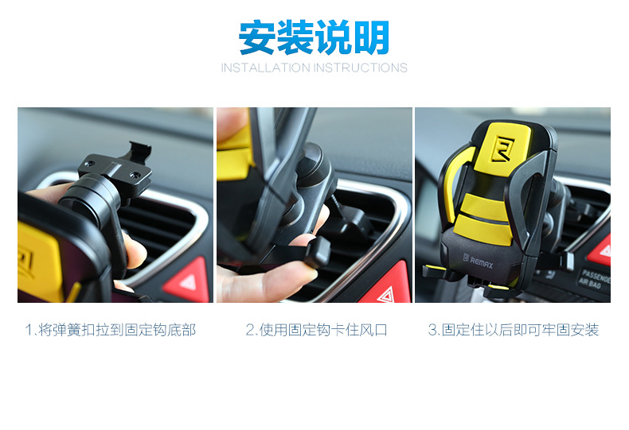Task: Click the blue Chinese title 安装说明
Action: click(x=314, y=37)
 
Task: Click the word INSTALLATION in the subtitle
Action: click(x=266, y=68)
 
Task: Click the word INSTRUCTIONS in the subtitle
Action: click(x=360, y=68)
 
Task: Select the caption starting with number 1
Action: click(x=111, y=330)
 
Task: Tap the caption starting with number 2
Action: click(x=317, y=330)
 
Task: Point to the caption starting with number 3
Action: click(x=514, y=330)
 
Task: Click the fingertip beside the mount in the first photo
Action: click(x=135, y=251)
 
